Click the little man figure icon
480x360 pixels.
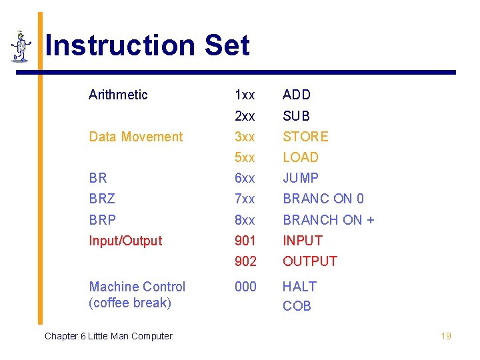pyautogui.click(x=21, y=47)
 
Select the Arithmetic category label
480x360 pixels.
pyautogui.click(x=118, y=95)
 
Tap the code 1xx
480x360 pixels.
pyautogui.click(x=245, y=95)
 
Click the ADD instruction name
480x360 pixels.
pyautogui.click(x=297, y=95)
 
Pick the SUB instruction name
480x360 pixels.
pyautogui.click(x=296, y=116)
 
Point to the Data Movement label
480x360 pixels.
pyautogui.click(x=135, y=137)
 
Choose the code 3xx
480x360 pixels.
pyautogui.click(x=245, y=137)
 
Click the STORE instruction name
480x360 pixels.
pyautogui.click(x=305, y=137)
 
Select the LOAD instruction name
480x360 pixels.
pyautogui.click(x=301, y=157)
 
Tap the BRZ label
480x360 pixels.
pyautogui.click(x=102, y=199)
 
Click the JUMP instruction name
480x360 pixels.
pyautogui.click(x=301, y=178)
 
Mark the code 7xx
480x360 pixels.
pyautogui.click(x=245, y=199)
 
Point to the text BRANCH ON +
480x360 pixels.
pyautogui.click(x=328, y=219)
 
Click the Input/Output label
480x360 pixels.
pyautogui.click(x=125, y=241)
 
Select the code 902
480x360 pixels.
pyautogui.click(x=245, y=261)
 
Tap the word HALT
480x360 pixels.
pyautogui.click(x=299, y=287)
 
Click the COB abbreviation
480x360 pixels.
pyautogui.click(x=297, y=306)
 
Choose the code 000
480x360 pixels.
pyautogui.click(x=245, y=287)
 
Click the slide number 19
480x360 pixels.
pyautogui.click(x=446, y=336)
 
